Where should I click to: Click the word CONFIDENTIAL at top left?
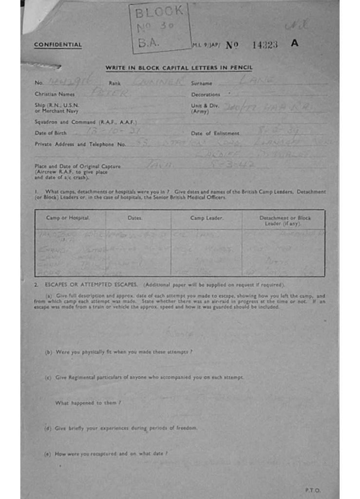57,45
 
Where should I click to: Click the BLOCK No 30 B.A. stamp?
159,28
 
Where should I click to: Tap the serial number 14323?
265,44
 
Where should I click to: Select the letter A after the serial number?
294,43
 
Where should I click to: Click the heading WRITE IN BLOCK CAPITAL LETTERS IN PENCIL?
179,68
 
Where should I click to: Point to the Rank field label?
114,83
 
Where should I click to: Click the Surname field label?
201,83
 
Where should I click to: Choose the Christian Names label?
55,94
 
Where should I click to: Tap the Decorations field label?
206,95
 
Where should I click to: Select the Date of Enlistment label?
215,134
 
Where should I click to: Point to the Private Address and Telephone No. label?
80,144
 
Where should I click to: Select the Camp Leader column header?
207,218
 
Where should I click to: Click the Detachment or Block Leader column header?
285,220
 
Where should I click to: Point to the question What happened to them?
88,403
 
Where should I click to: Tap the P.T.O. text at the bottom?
313,490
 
